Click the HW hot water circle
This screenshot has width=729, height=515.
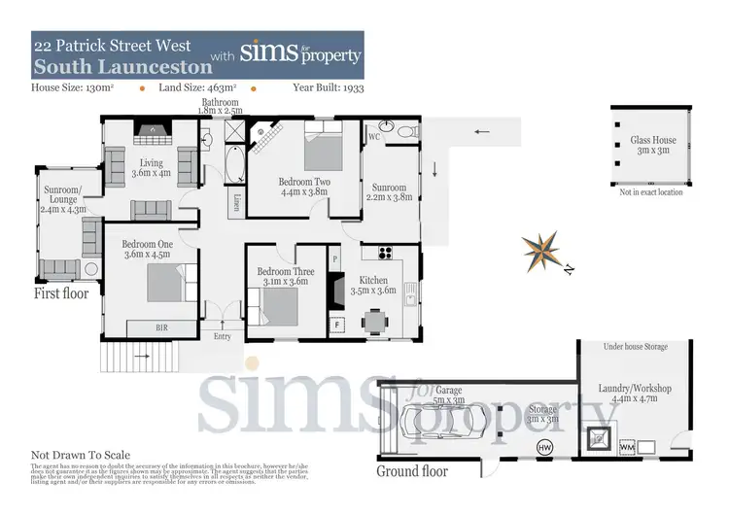tap(545, 447)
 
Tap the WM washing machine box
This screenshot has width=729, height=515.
tap(626, 447)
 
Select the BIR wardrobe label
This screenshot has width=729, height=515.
tap(162, 328)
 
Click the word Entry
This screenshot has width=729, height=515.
tap(223, 336)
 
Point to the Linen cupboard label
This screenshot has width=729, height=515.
tap(238, 202)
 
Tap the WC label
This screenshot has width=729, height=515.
tap(373, 138)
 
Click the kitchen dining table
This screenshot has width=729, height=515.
tap(375, 319)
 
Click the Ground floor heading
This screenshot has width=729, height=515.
tap(412, 471)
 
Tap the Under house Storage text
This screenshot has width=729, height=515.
tap(636, 346)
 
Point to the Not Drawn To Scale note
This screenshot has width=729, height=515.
tap(80, 455)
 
